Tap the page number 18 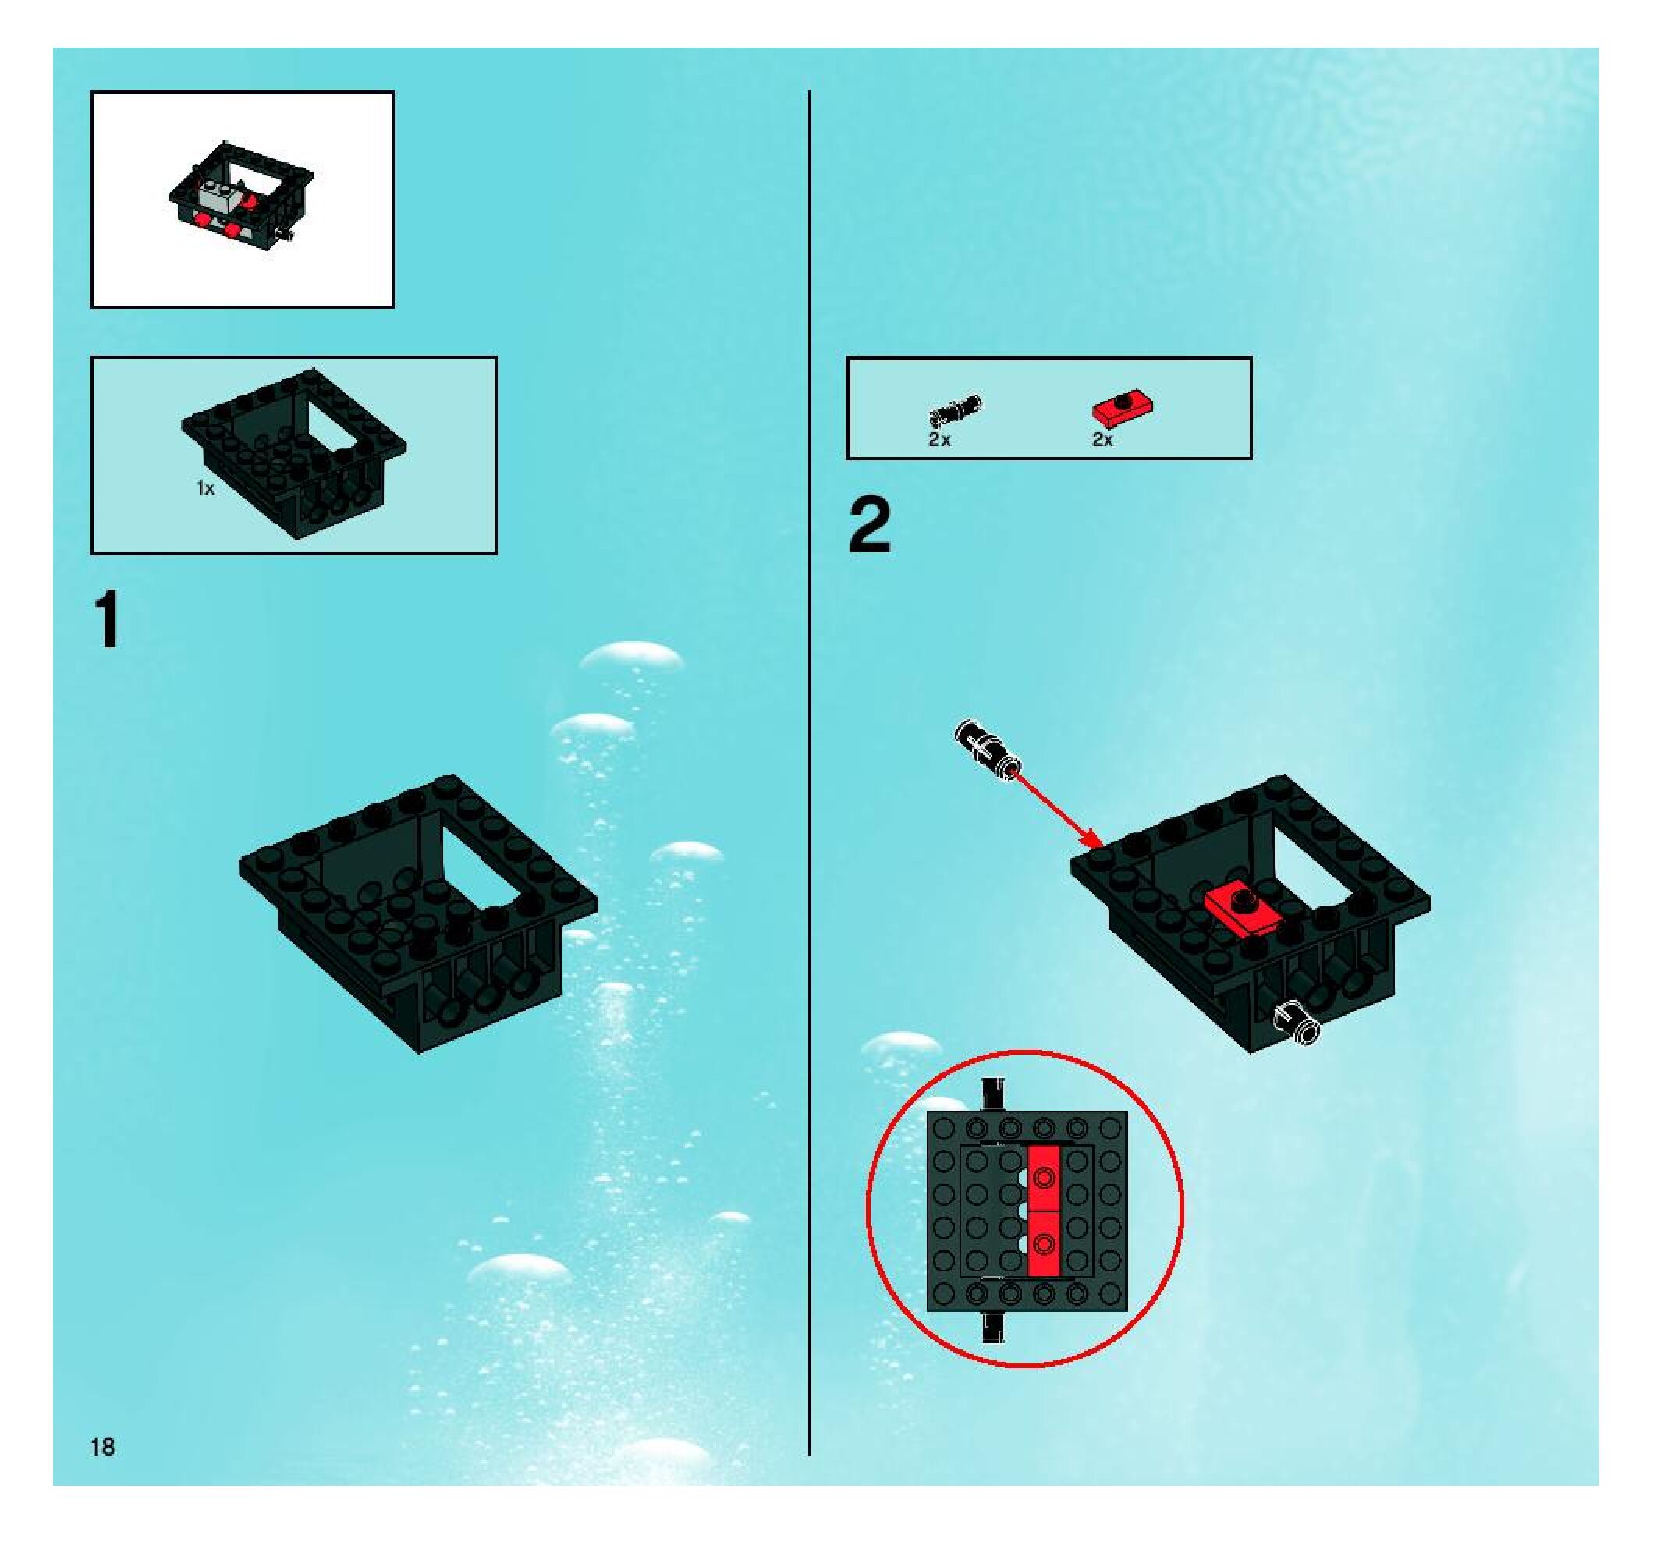102,1446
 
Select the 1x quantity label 205,488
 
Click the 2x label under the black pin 939,439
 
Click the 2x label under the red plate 1103,439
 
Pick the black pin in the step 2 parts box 955,410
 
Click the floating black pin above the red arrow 987,748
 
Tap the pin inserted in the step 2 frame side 1294,1022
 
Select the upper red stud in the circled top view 1044,1177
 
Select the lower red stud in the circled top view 1044,1244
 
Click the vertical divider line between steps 809,750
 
